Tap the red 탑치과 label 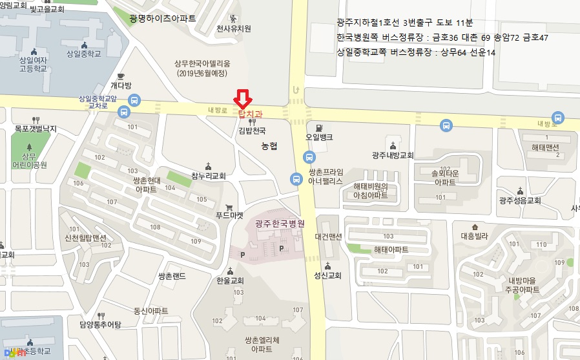[250, 114]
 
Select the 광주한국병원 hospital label [279, 223]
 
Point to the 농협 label [269, 147]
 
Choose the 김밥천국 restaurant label [251, 131]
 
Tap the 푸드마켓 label [230, 216]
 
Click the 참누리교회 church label [208, 176]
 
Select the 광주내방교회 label [393, 155]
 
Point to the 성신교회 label [327, 275]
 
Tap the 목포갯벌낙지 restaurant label [36, 129]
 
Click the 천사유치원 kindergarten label [233, 28]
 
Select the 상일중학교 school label [83, 54]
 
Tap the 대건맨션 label [328, 237]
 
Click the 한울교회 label [231, 281]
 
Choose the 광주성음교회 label [519, 200]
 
